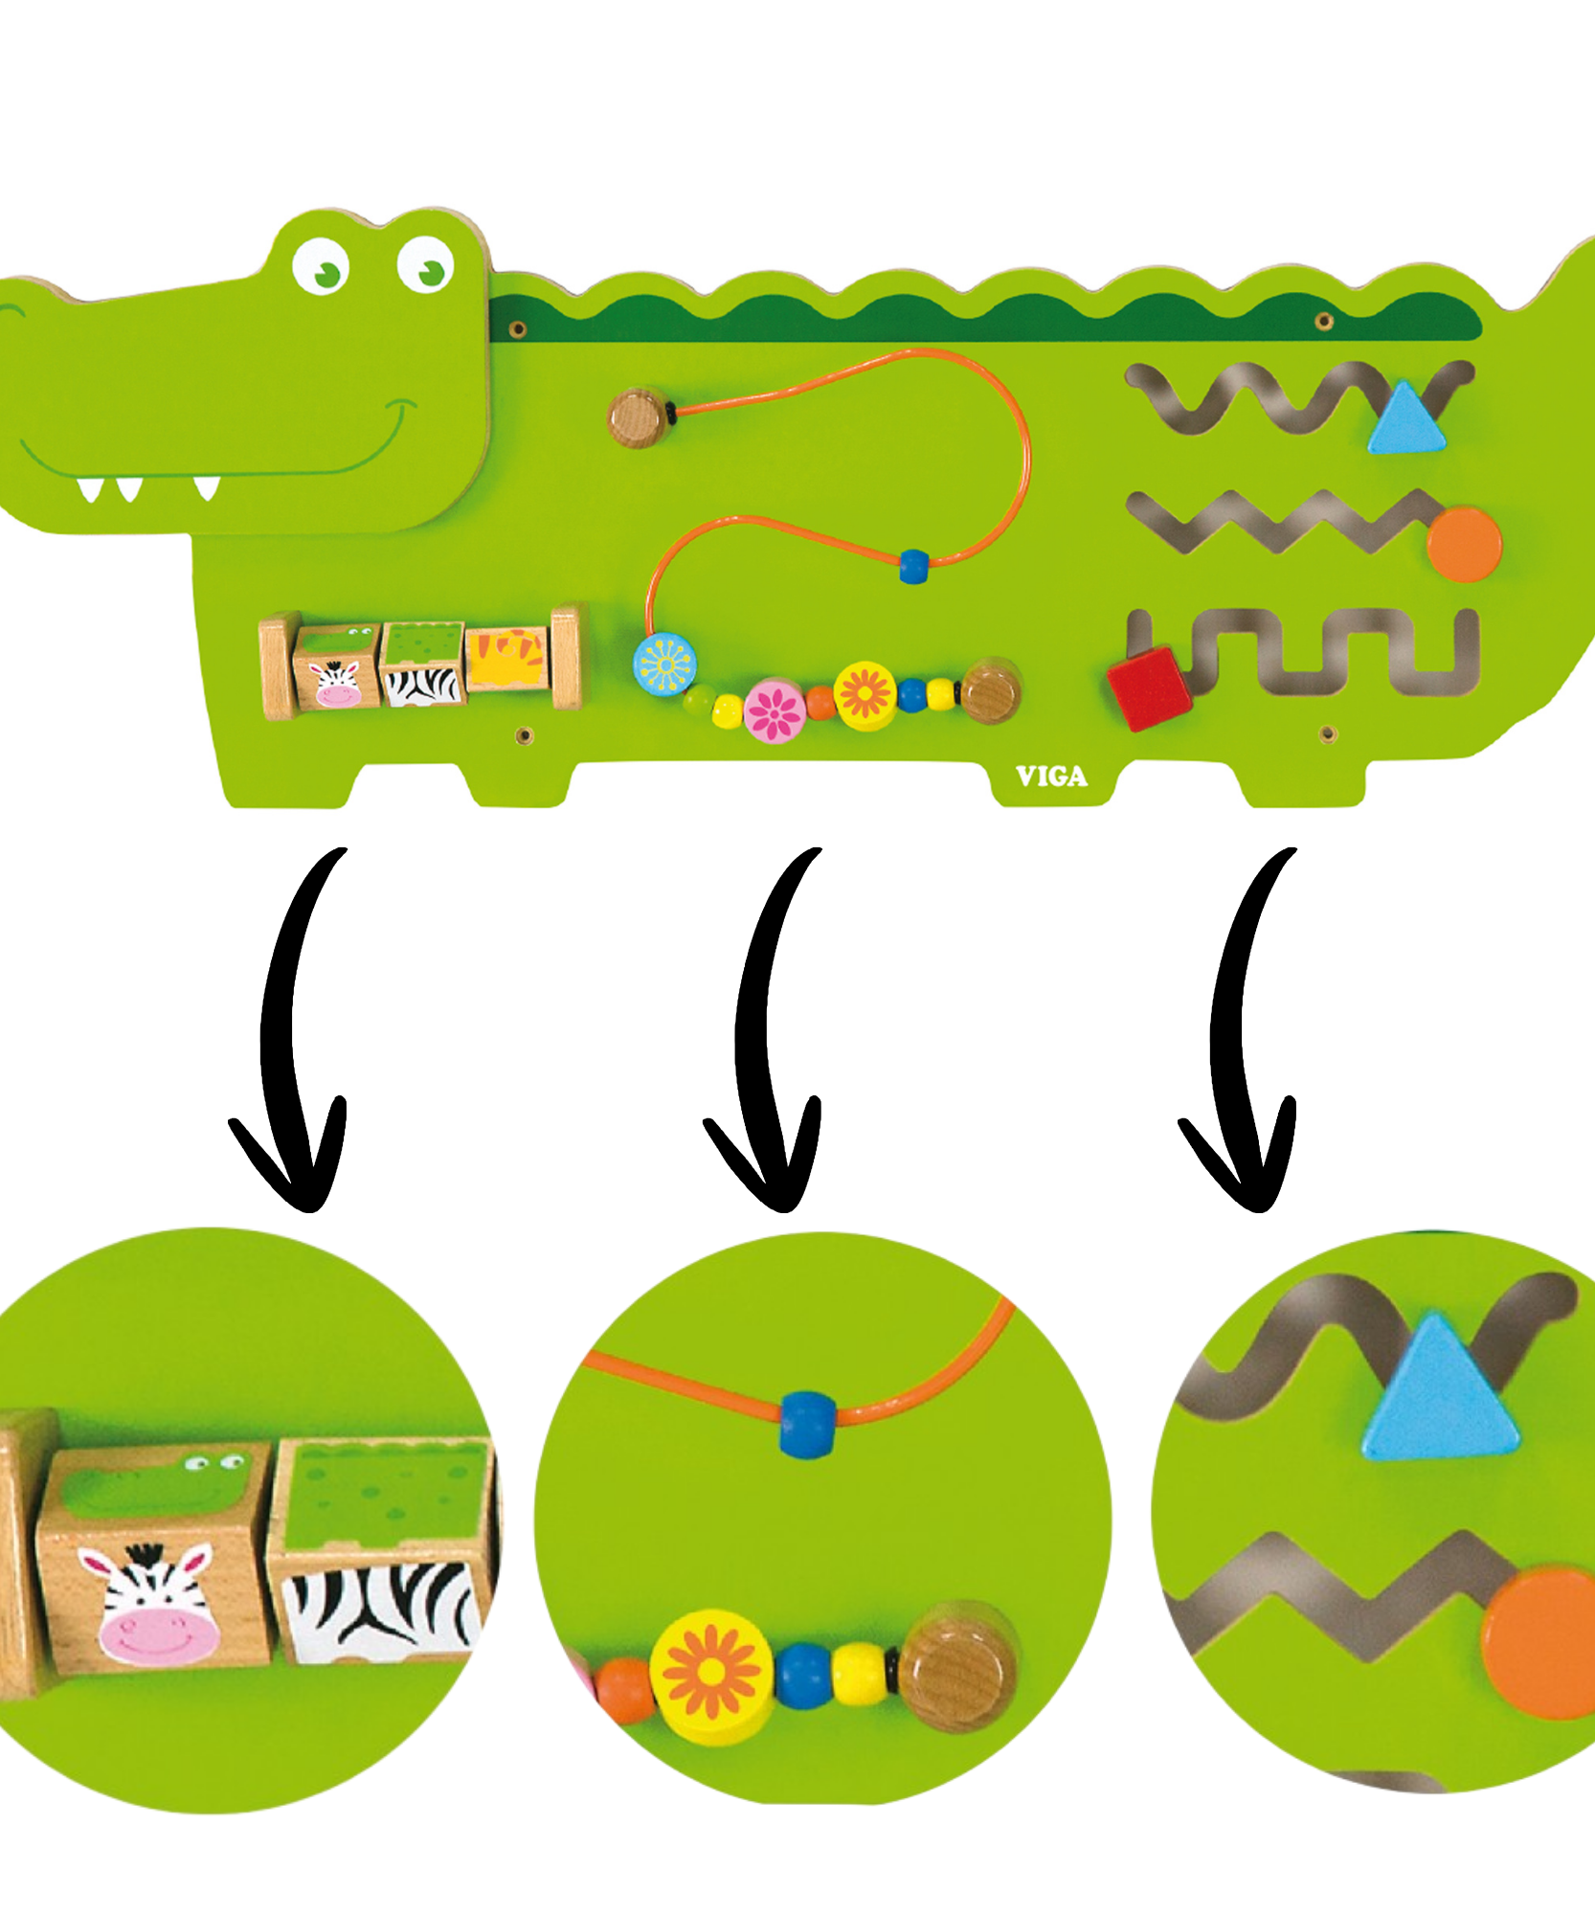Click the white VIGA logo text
point(1051,777)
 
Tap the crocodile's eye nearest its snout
point(321,265)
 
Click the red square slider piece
point(1149,687)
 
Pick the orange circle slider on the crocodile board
point(1464,544)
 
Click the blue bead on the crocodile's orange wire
point(914,566)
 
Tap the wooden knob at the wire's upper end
point(640,417)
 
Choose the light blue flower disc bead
point(664,664)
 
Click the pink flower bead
point(775,710)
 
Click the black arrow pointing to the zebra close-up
point(292,1034)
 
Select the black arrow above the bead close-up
point(766,1034)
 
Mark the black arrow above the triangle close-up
point(1240,1034)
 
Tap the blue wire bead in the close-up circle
point(807,1425)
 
